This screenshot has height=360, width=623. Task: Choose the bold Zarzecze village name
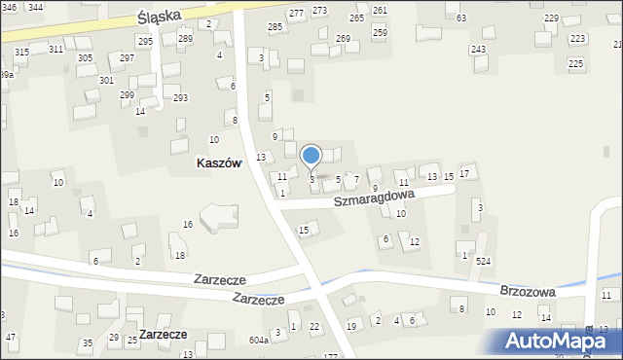pos(163,334)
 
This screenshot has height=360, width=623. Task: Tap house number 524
pos(483,262)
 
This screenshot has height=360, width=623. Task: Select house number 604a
pos(258,340)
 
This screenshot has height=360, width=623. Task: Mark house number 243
pos(478,50)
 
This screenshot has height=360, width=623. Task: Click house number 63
pos(460,18)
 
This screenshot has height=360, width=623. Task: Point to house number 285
pos(275,27)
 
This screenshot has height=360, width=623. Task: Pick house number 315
pos(21,52)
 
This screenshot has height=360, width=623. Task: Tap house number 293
pos(180,98)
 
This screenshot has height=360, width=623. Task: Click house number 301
pos(106,80)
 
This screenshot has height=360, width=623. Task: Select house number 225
pos(576,63)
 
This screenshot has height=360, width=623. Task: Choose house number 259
pos(380,32)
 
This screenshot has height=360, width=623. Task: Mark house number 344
pos(35,7)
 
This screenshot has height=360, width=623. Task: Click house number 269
pos(343,39)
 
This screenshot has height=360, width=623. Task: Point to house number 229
pos(551,18)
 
